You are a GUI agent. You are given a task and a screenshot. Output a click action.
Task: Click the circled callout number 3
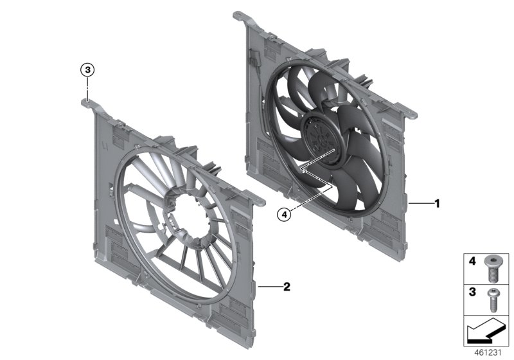tap(87, 69)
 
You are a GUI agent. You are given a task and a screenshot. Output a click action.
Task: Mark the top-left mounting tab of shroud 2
tap(88, 100)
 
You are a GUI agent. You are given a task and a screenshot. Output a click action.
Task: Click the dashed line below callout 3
tap(88, 85)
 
